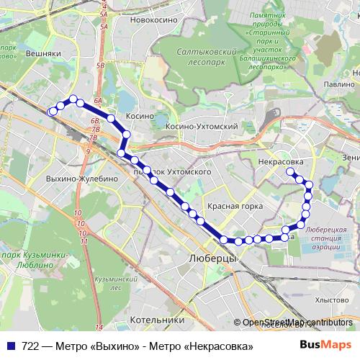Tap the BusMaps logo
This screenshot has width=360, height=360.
coord(325,347)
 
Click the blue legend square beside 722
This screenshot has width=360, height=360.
coord(10,347)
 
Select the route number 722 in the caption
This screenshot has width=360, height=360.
coord(30,347)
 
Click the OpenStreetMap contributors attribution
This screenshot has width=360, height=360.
coord(297,323)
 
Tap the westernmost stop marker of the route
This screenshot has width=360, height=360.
coord(51,112)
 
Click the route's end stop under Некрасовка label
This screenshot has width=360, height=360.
coord(290,171)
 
